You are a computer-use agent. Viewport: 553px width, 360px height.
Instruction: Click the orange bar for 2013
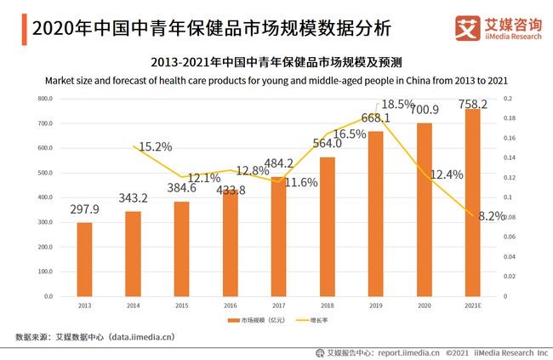click(x=84, y=260)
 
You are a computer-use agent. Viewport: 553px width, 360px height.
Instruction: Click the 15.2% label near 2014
click(x=155, y=147)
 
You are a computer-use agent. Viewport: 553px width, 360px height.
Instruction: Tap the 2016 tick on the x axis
click(x=230, y=304)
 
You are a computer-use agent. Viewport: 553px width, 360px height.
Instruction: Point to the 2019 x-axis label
click(x=375, y=304)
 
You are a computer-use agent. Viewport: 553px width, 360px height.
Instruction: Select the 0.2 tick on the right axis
click(x=508, y=99)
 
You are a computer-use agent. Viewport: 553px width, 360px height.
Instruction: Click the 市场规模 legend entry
click(x=258, y=320)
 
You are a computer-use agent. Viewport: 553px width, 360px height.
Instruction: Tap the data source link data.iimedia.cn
click(x=134, y=338)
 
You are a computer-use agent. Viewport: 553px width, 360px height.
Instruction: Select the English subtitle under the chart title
click(x=276, y=80)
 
